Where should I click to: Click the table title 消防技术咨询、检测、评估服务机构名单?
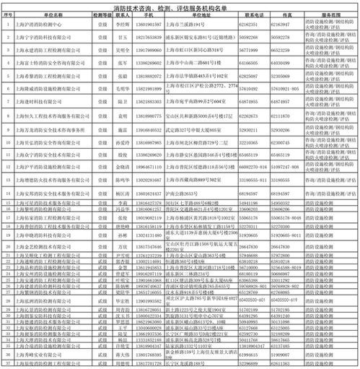[x=180, y=6]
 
